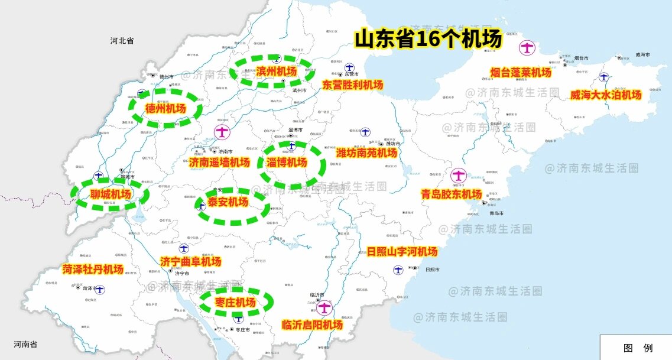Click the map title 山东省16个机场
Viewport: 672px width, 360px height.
pyautogui.click(x=428, y=39)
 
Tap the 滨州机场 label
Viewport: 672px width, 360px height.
pyautogui.click(x=277, y=72)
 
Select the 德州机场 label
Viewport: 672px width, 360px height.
pyautogui.click(x=165, y=109)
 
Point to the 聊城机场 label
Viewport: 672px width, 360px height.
pyautogui.click(x=111, y=194)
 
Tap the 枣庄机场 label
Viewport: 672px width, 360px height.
pyautogui.click(x=235, y=303)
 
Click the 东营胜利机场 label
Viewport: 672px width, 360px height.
pyautogui.click(x=353, y=85)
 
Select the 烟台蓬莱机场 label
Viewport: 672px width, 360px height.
pyautogui.click(x=521, y=73)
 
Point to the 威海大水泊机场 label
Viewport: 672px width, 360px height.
pyautogui.click(x=605, y=95)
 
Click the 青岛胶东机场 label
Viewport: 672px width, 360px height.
pyautogui.click(x=452, y=194)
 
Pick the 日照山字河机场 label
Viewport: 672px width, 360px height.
pyautogui.click(x=402, y=252)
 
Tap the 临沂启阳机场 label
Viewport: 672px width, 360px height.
pyautogui.click(x=312, y=325)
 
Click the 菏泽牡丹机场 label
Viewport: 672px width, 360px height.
pyautogui.click(x=93, y=270)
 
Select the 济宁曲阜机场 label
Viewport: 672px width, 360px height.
pyautogui.click(x=191, y=262)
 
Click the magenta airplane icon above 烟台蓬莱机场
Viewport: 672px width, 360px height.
pyautogui.click(x=527, y=47)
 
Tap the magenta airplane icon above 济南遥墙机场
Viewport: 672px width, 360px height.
pyautogui.click(x=222, y=132)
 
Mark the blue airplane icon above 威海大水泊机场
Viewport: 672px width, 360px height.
pyautogui.click(x=603, y=77)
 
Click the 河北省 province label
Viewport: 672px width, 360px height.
pyautogui.click(x=122, y=41)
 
